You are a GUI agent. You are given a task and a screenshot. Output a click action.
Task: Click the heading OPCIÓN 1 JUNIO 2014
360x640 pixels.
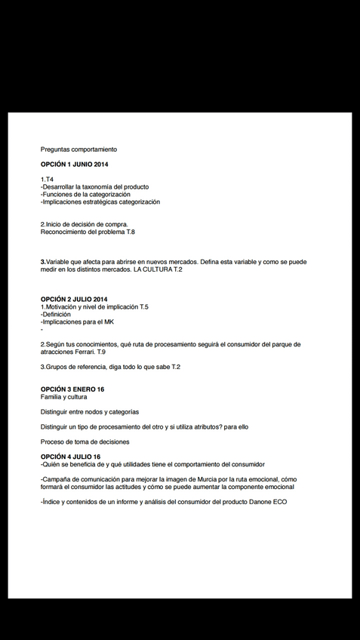tap(75, 165)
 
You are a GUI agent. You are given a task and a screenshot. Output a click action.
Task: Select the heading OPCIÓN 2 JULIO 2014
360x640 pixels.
tap(74, 300)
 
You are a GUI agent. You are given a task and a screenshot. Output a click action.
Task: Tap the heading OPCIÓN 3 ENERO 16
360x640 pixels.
tap(72, 389)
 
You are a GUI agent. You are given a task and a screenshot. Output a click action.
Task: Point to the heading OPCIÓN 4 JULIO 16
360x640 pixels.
tap(70, 457)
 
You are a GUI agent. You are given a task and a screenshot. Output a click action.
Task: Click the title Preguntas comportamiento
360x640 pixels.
tap(78, 149)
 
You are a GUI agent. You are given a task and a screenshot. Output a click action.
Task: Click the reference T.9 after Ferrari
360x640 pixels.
tap(102, 352)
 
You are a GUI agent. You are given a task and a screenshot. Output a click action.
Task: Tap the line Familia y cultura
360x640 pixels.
tap(63, 397)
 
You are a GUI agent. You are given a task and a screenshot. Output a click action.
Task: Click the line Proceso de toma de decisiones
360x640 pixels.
tap(85, 442)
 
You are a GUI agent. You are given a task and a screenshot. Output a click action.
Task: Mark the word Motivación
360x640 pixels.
tap(60, 307)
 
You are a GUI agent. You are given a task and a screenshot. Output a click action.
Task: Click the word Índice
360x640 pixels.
tap(51, 502)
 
